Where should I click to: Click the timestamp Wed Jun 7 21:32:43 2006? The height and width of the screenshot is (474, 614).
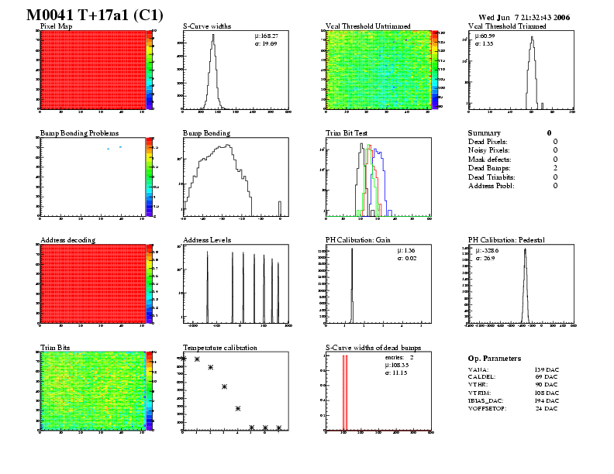click(x=524, y=17)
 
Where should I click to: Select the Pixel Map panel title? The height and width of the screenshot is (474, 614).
click(x=56, y=26)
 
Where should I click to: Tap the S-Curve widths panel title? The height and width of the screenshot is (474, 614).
click(x=207, y=26)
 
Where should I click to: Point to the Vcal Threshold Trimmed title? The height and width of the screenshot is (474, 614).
click(x=507, y=26)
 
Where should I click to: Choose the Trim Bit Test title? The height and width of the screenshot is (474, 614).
click(x=346, y=133)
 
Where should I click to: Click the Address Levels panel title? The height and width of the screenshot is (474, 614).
click(x=207, y=240)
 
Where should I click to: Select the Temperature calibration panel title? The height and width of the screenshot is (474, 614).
click(x=219, y=348)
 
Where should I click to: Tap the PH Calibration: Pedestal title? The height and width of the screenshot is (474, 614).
click(x=512, y=240)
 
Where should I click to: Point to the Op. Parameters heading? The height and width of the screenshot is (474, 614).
click(x=494, y=359)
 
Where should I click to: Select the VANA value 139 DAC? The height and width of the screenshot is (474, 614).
click(x=547, y=370)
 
